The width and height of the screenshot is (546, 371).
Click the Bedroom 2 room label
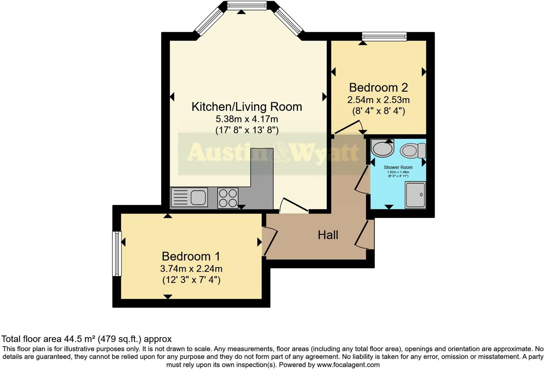(x=378, y=88)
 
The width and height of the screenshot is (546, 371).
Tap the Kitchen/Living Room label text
(x=246, y=107)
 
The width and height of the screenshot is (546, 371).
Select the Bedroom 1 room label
(x=191, y=256)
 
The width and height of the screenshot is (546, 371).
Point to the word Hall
(x=328, y=235)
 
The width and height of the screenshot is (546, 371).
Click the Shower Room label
(x=398, y=168)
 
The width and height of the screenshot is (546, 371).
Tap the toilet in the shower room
(x=413, y=151)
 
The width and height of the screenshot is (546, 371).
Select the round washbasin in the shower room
(x=382, y=148)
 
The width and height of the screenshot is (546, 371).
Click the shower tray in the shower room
(x=415, y=194)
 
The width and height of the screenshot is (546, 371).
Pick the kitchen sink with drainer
(x=189, y=197)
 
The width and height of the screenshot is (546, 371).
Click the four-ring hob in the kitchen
(x=228, y=198)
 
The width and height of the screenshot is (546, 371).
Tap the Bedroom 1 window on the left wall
(x=117, y=253)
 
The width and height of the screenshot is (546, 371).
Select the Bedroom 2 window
(x=384, y=36)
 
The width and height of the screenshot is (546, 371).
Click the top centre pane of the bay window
(x=247, y=5)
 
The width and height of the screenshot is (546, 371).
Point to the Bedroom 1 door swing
(x=271, y=241)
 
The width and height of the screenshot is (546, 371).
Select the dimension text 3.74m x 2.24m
(x=191, y=269)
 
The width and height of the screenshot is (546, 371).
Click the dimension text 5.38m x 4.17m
(x=246, y=119)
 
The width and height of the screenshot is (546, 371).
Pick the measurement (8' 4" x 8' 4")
(x=378, y=111)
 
